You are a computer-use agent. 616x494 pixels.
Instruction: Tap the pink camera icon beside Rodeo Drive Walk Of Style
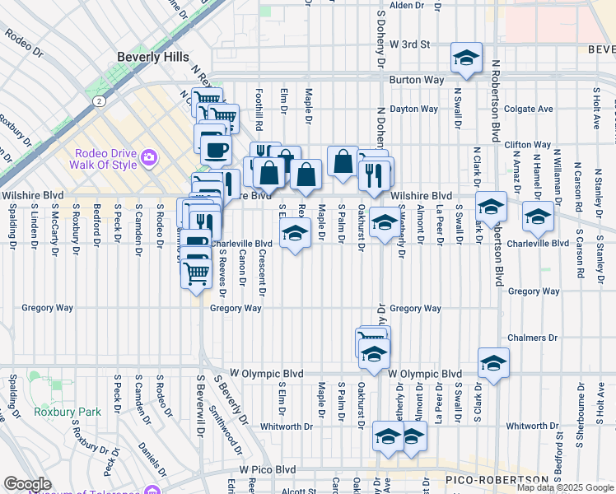pos(149,156)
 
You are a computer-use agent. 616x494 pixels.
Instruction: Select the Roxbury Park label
pos(56,411)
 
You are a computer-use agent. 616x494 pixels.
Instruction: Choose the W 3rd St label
pos(411,44)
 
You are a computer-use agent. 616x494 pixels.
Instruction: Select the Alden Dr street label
pos(406,5)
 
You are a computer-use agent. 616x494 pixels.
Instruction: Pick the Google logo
pos(26,484)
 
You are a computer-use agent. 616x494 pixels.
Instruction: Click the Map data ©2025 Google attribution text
pos(565,487)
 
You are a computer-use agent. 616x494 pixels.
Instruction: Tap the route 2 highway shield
pos(98,100)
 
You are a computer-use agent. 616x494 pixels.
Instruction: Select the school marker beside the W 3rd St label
pos(466,58)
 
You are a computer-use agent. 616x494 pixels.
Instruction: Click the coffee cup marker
pos(217,149)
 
